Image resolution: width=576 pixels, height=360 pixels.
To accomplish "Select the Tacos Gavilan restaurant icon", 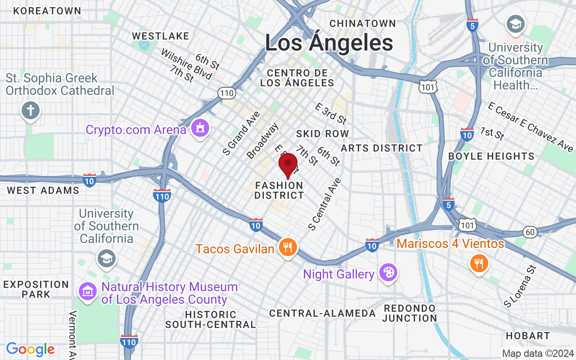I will (287, 247).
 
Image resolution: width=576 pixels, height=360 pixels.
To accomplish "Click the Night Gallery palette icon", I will (387, 273).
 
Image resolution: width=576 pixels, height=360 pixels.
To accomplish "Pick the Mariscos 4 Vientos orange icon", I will (479, 263).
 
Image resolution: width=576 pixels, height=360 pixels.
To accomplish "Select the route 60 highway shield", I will (530, 232).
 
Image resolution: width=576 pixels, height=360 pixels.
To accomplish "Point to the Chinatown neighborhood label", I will (363, 23).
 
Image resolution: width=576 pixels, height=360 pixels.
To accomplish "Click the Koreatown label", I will (47, 11).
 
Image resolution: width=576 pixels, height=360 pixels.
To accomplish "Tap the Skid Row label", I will (323, 134).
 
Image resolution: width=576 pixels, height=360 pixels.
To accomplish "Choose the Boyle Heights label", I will (491, 156).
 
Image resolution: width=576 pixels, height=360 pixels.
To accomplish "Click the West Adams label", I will (43, 190).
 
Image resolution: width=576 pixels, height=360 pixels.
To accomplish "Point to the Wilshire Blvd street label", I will (186, 63).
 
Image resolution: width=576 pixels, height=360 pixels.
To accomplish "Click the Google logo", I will (31, 349).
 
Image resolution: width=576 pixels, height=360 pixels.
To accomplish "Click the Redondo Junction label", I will (410, 313).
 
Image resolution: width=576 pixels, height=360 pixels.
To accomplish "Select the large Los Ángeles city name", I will (329, 43).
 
